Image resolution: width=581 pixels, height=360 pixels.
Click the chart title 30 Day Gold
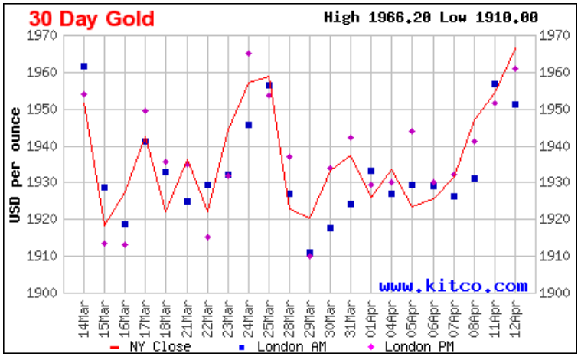[x=92, y=18]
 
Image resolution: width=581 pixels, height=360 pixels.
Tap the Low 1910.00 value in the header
[x=489, y=17]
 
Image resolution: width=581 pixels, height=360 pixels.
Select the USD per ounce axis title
[x=15, y=165]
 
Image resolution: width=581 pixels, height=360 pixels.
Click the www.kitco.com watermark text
[x=453, y=286]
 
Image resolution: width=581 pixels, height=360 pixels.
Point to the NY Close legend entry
[x=150, y=346]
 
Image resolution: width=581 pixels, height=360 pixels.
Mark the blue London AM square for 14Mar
[x=84, y=67]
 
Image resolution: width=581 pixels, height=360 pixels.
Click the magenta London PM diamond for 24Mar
[x=249, y=54]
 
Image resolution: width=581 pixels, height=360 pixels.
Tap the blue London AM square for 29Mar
[x=310, y=252]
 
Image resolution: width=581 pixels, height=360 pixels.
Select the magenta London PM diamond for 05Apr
[x=413, y=132]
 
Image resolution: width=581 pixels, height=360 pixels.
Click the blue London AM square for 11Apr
[x=495, y=84]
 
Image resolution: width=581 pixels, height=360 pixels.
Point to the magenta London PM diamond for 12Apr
[x=515, y=69]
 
